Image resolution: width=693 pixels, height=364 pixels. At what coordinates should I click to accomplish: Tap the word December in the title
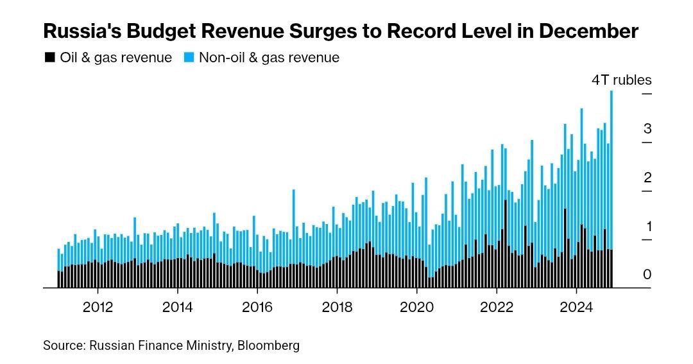click(590, 31)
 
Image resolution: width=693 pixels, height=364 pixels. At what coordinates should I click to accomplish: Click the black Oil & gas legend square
click(49, 58)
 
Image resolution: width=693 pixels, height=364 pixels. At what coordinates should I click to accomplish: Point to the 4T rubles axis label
click(620, 80)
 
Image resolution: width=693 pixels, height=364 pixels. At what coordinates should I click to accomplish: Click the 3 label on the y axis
click(647, 128)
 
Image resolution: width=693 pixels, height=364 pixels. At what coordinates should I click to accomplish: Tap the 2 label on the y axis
click(647, 177)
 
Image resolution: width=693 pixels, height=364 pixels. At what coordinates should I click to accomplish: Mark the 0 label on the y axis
click(647, 275)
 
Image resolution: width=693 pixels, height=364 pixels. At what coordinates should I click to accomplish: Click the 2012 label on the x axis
click(98, 307)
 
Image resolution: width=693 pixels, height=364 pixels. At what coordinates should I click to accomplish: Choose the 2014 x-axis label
click(178, 307)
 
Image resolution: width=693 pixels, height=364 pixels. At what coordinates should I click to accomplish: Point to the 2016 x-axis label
click(257, 307)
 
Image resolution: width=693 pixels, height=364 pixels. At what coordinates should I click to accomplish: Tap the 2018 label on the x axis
click(337, 307)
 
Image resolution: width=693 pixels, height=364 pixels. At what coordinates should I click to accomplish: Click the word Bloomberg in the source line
click(268, 345)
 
